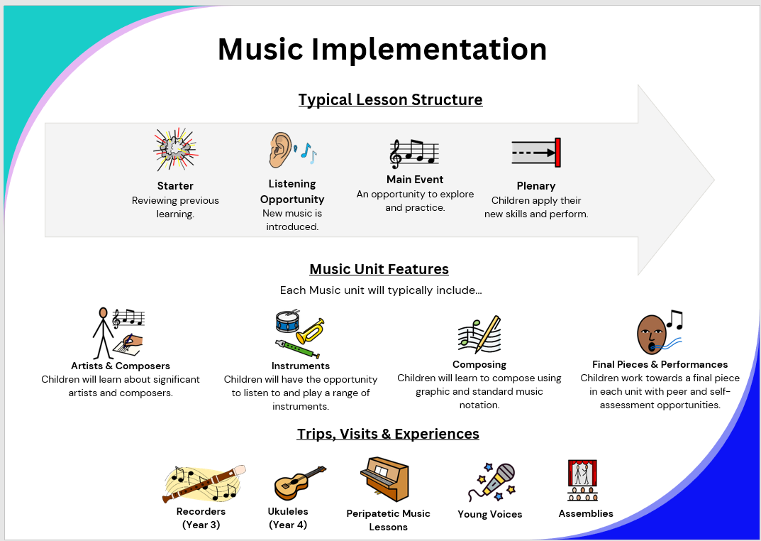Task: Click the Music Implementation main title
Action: (382, 49)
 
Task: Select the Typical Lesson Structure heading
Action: (390, 99)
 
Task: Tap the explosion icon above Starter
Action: (176, 150)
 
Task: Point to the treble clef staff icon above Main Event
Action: (414, 153)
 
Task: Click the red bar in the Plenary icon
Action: (557, 153)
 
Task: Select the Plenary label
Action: (535, 186)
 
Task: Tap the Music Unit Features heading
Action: (379, 269)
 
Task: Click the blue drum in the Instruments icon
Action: (288, 320)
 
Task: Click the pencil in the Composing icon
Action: (488, 334)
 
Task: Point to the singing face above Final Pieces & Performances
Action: (651, 334)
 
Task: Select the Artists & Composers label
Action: (121, 366)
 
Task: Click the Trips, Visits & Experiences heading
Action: (388, 434)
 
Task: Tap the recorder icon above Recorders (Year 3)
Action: (204, 483)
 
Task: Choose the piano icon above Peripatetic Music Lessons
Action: (384, 479)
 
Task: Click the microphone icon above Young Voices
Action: (491, 482)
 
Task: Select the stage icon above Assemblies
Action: (582, 480)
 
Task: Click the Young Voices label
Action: (489, 514)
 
